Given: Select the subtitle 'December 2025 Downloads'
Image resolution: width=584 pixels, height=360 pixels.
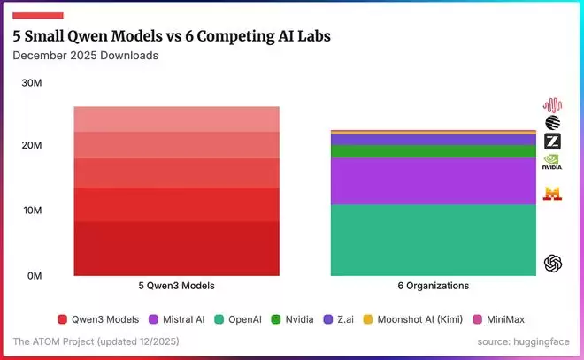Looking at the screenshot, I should [85, 56].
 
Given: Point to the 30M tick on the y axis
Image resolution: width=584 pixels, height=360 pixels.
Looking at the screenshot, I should [32, 82].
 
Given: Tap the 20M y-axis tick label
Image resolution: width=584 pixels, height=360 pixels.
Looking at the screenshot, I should [32, 145].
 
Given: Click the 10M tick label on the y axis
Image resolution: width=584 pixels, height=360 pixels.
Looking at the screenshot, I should [32, 211].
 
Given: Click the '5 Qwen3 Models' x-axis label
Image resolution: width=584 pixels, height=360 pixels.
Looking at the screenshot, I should [176, 287].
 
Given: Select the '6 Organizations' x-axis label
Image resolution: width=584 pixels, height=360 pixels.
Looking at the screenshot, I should [433, 287].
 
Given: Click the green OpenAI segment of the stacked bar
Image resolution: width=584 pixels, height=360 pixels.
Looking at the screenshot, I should [433, 239].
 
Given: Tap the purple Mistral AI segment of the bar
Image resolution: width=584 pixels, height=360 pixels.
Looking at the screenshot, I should [433, 180].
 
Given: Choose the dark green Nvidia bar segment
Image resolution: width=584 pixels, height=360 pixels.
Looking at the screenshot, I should [433, 151].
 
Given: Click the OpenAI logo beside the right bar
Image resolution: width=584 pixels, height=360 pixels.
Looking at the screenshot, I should [553, 263].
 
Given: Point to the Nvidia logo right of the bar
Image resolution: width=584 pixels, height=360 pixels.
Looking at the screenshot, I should [552, 163].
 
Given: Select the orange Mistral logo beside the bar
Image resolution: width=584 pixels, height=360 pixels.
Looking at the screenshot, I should [552, 193].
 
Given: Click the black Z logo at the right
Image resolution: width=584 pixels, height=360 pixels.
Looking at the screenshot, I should [552, 142].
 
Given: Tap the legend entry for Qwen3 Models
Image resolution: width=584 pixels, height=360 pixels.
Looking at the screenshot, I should [98, 319].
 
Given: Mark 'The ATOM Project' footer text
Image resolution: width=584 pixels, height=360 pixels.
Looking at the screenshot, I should [52, 341].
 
